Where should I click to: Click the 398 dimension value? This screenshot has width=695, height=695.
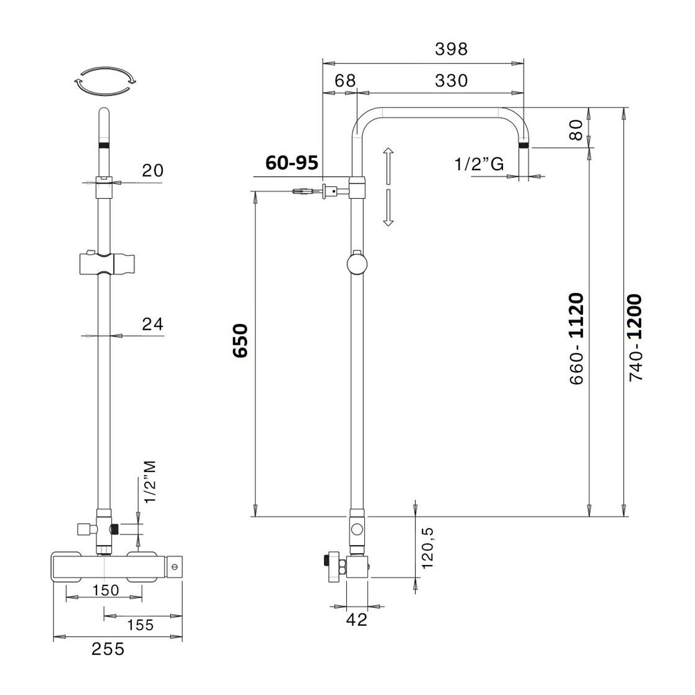pos(451,49)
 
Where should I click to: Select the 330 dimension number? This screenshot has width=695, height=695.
pos(451,81)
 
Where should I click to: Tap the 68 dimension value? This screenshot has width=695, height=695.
pos(345,81)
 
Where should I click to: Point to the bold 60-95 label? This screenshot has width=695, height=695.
pos(292,163)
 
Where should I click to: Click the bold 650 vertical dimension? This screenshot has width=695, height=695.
pos(240,341)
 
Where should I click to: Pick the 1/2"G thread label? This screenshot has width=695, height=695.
pos(479,164)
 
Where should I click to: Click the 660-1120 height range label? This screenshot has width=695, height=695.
pos(576,338)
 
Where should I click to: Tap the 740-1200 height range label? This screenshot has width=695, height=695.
pos(636,337)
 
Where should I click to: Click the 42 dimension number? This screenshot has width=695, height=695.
pos(356,619)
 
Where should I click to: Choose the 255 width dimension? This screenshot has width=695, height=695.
pos(108,649)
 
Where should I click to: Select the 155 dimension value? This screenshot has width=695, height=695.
pos(140,625)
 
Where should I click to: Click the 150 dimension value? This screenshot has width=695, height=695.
pos(106,590)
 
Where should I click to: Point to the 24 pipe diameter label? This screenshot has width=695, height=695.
pos(153,324)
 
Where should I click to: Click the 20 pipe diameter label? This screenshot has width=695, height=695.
pos(153,171)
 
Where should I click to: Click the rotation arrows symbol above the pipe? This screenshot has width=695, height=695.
pos(105,82)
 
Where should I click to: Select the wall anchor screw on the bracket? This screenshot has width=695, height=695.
pos(303,191)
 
